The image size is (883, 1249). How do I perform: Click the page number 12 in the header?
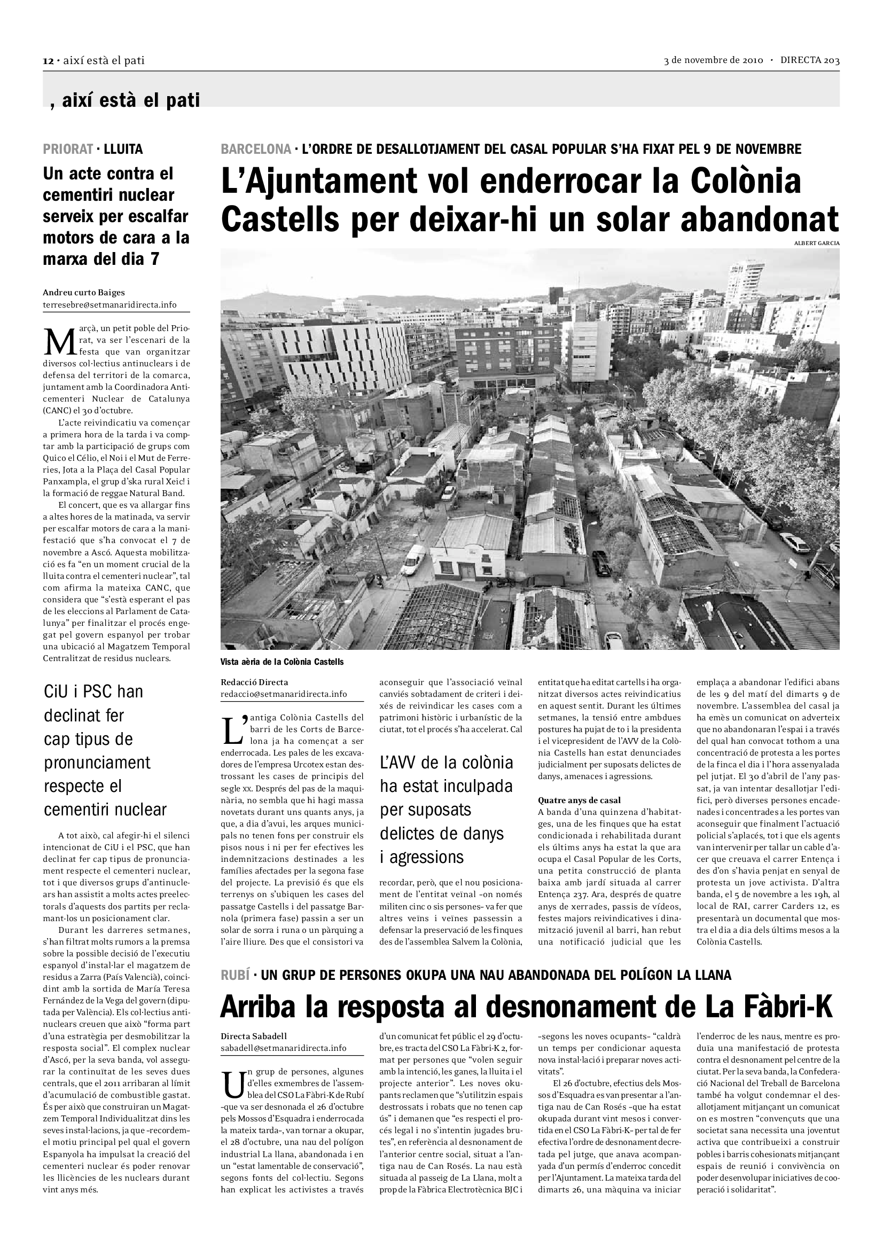click(x=48, y=61)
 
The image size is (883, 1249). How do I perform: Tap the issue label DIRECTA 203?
click(x=810, y=60)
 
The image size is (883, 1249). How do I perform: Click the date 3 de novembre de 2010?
click(x=713, y=60)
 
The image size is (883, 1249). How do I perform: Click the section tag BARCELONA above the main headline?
click(x=256, y=149)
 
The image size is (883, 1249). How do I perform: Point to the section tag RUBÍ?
click(x=235, y=975)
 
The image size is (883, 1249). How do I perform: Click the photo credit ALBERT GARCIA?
click(x=817, y=243)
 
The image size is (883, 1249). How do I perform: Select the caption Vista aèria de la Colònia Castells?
click(x=282, y=662)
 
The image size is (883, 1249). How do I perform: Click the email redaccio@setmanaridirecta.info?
click(x=284, y=694)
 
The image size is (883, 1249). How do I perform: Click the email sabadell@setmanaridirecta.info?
click(x=283, y=1048)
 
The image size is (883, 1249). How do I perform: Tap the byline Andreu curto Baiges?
click(x=84, y=293)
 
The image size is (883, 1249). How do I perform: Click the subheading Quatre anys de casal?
click(x=579, y=800)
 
